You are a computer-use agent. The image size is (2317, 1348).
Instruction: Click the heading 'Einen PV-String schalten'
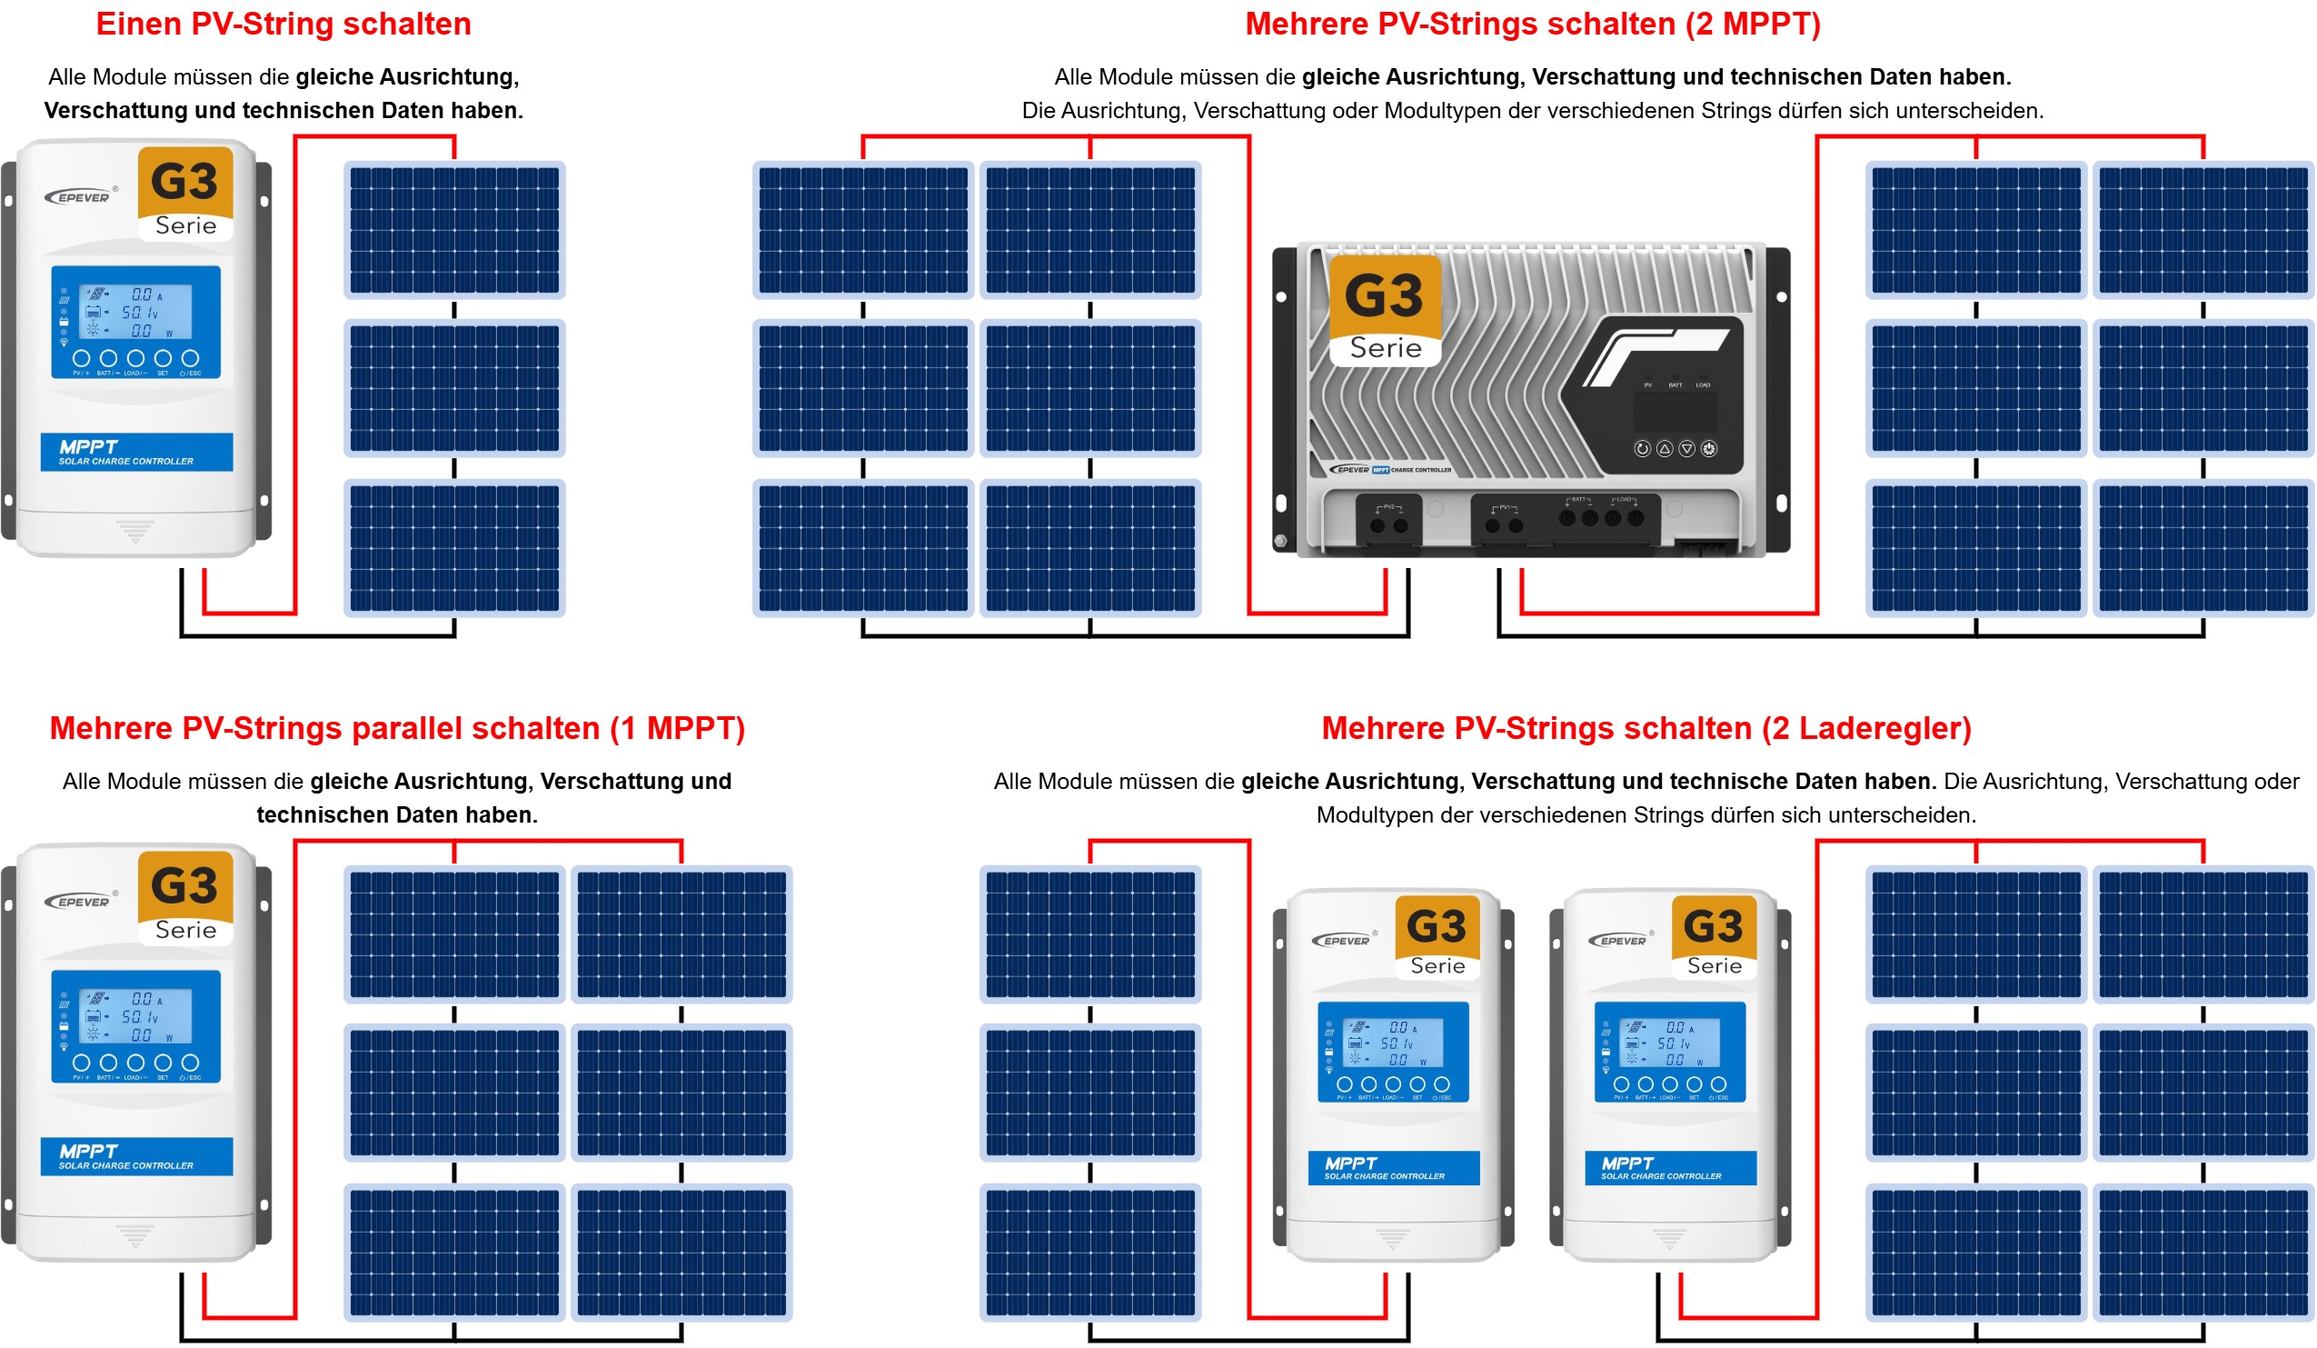coord(283,24)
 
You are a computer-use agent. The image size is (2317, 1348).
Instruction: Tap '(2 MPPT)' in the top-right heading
coord(1753,24)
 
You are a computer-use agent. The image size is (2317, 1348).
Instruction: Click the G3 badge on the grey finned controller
coord(1385,310)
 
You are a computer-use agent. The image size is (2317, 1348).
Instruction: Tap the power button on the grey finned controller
coord(1708,449)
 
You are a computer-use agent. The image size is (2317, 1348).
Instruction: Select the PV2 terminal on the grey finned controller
coord(1388,519)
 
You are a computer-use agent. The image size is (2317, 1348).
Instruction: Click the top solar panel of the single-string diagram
coord(454,230)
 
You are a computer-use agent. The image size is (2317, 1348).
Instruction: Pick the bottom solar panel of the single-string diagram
coord(454,548)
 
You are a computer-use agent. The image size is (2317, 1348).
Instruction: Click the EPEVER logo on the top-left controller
coord(81,196)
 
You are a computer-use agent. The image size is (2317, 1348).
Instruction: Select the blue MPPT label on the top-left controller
coord(136,453)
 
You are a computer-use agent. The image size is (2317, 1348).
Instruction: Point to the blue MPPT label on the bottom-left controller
coord(136,1157)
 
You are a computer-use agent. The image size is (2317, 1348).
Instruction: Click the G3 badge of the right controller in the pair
coord(1714,936)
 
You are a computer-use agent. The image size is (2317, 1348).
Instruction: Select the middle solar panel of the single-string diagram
coord(454,388)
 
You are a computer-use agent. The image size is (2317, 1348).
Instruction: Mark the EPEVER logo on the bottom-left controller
coord(81,901)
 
